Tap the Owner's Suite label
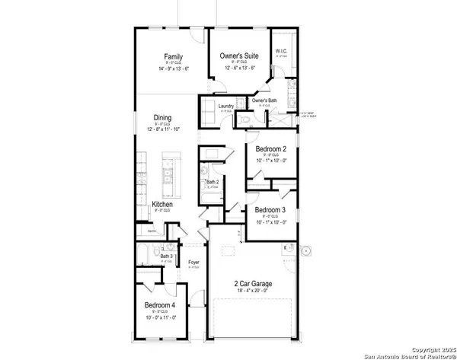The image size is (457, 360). coord(239,56)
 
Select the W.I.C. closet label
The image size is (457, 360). coord(281,51)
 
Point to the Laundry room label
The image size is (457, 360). coord(225,106)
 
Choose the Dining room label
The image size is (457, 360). coord(161,118)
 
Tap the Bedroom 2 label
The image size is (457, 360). coord(270,149)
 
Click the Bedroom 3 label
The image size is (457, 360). coord(270,210)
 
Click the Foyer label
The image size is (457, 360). coord(194,263)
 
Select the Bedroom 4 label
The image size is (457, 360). coord(161,305)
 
